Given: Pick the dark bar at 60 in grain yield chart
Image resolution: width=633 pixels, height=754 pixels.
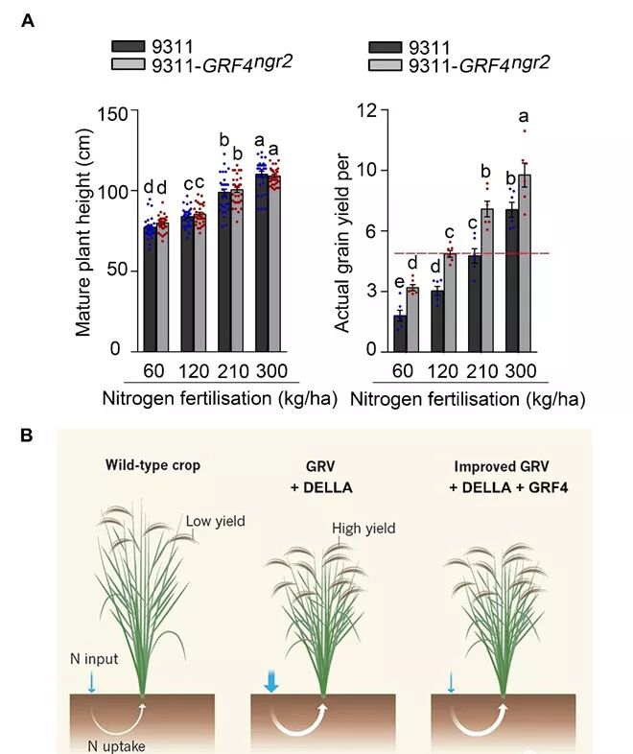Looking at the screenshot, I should (x=400, y=332).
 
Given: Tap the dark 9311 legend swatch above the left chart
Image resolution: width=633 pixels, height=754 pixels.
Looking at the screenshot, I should (x=127, y=46).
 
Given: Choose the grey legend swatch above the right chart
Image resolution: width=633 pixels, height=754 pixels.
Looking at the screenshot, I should (x=385, y=65).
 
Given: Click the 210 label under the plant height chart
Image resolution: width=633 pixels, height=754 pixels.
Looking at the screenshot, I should (x=233, y=371).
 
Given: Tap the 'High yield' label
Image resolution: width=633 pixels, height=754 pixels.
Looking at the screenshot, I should (x=363, y=528).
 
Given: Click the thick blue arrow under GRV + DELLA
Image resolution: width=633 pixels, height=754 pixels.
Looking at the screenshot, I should (x=271, y=680).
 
